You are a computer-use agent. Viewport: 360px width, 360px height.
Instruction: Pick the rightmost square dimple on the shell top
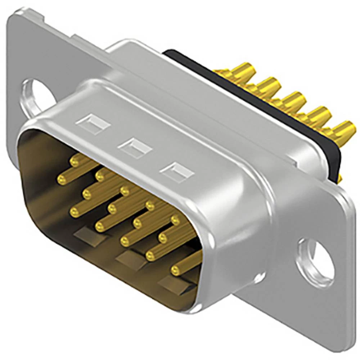point(177,172)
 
